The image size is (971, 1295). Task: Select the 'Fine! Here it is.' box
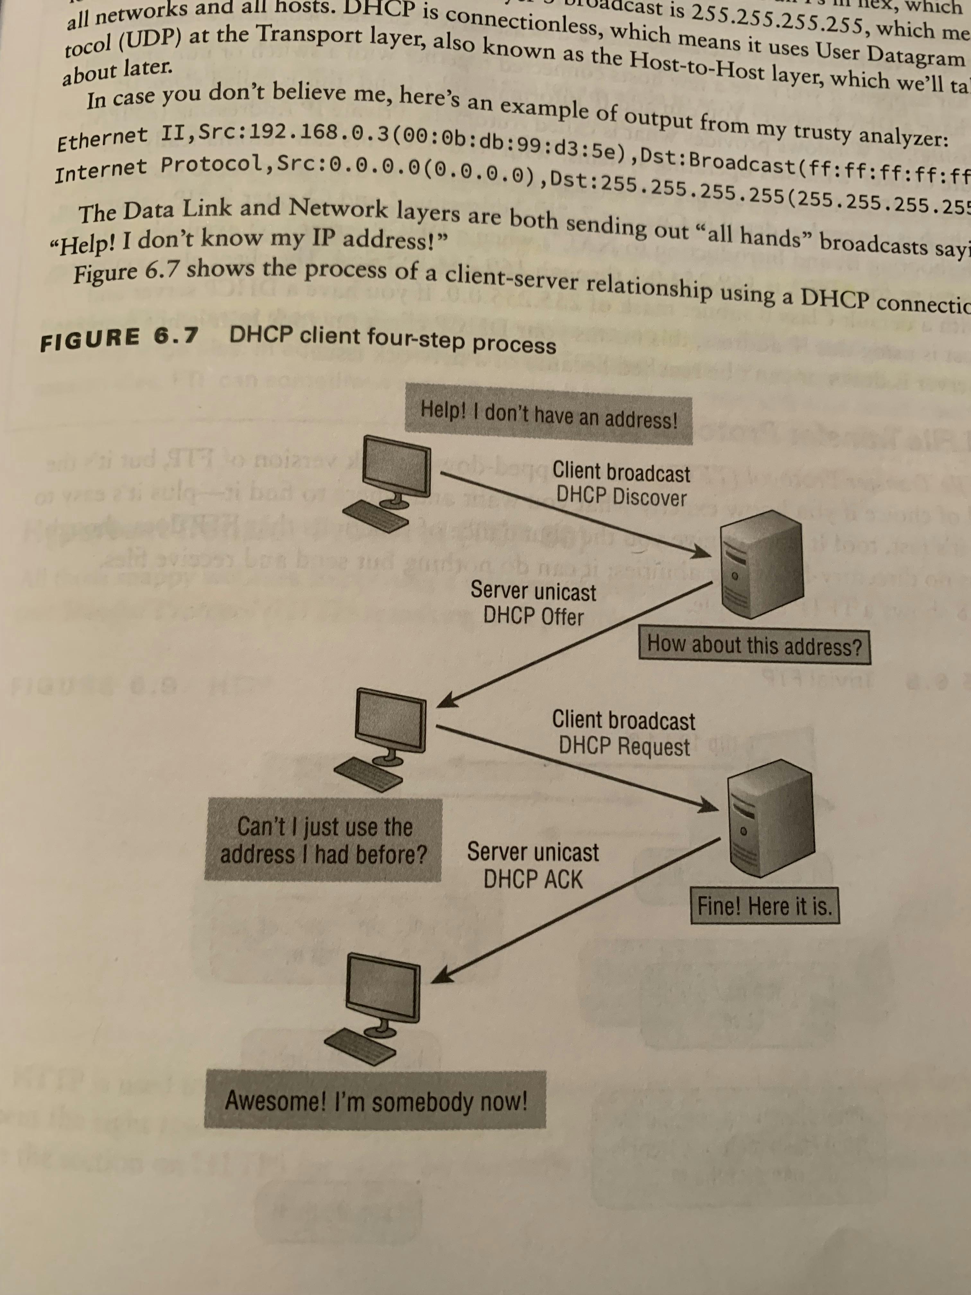pos(765,907)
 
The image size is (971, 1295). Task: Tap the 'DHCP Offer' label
pos(533,616)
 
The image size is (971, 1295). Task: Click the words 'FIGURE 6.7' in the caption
pos(119,339)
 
